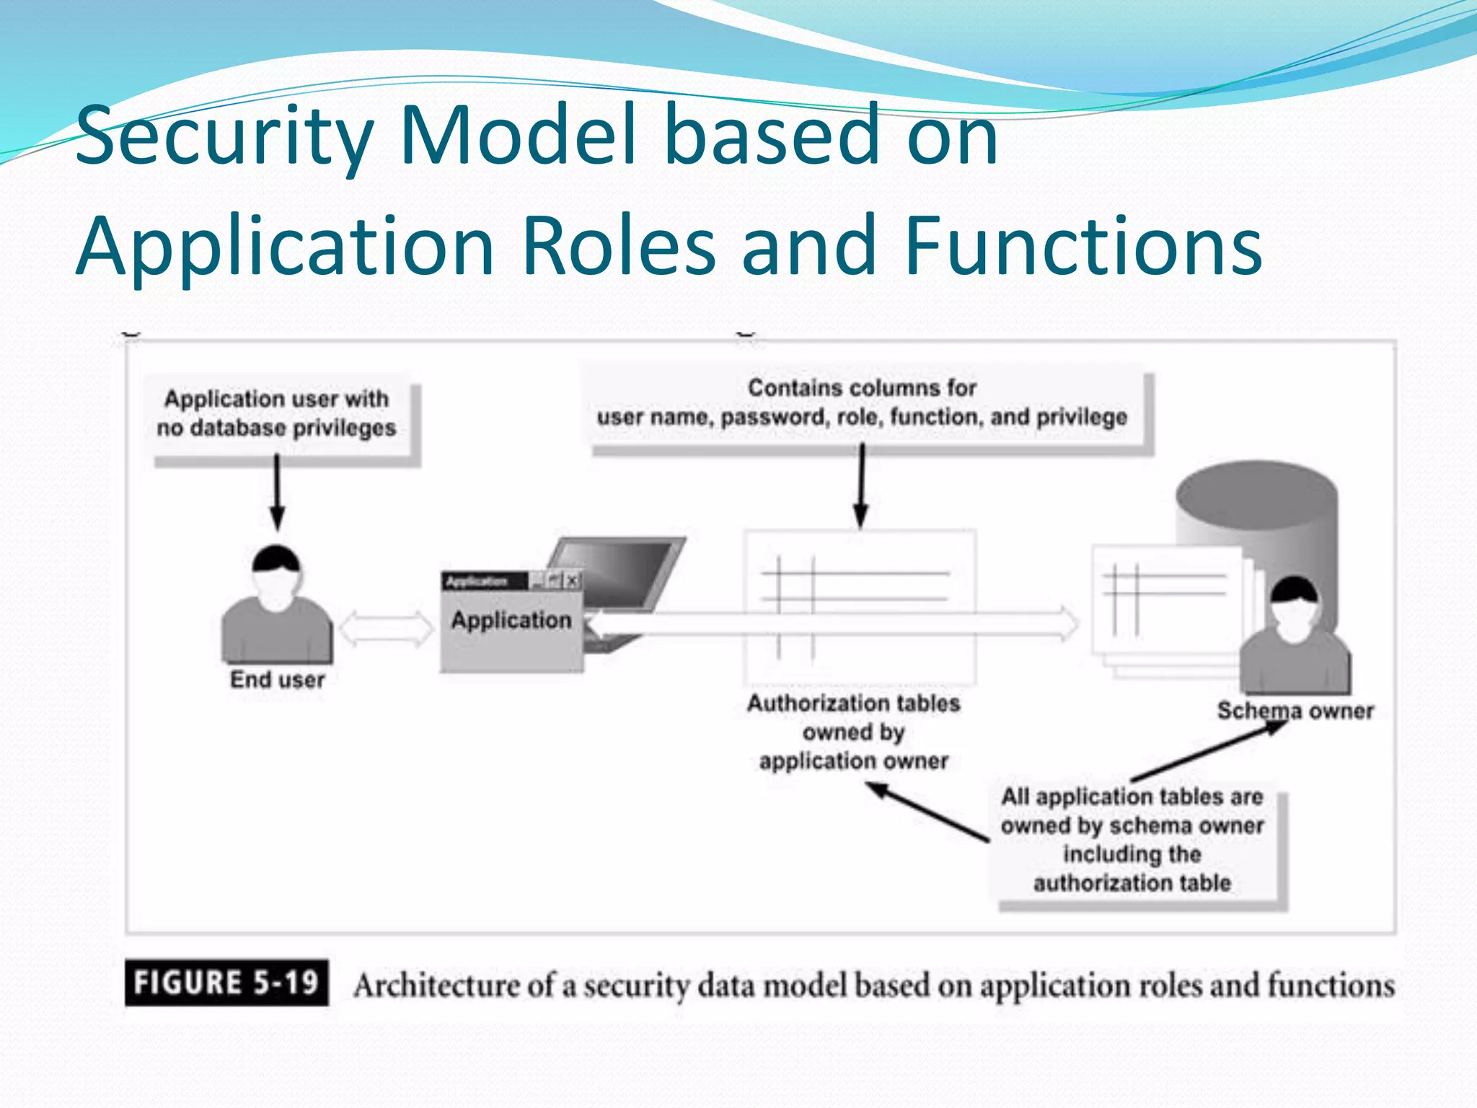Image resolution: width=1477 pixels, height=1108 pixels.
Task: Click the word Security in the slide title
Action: pos(224,136)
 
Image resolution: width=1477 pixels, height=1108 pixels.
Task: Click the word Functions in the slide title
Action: pos(1082,247)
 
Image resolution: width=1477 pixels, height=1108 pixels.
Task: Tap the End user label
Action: pos(277,680)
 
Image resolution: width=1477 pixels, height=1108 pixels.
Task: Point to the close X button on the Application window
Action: pos(572,580)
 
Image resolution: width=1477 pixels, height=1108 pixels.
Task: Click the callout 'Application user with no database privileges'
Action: pos(277,413)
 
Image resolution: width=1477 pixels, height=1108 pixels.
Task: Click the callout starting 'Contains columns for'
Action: pos(862,403)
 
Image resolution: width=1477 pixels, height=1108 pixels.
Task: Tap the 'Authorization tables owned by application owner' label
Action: pos(853,731)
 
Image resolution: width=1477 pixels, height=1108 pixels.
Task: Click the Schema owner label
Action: pos(1295,711)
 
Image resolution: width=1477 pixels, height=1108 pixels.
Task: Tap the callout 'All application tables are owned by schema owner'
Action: pos(1132,840)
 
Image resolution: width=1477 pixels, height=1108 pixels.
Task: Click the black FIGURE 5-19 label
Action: pos(226,982)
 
